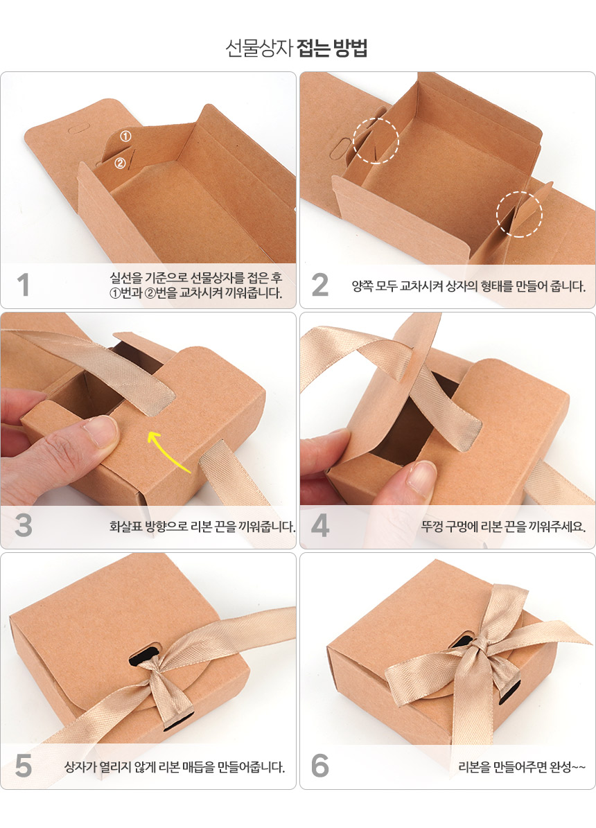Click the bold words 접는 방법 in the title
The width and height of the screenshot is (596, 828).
coord(332,48)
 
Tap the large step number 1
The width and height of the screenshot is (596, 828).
coord(23,285)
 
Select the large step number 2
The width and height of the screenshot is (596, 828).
coord(320,285)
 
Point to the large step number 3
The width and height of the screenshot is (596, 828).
coord(24,525)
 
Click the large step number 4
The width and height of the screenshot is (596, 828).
coord(320,525)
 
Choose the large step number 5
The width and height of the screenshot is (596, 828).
coord(24,766)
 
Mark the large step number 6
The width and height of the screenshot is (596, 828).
coord(320,766)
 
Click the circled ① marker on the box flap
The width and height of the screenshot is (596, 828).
coord(125,136)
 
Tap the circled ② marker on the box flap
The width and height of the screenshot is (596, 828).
coord(120,163)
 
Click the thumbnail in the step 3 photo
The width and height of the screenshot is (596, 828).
coord(99,431)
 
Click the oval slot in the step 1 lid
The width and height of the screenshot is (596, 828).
coord(78,129)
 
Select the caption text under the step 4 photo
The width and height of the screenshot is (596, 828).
coord(503,527)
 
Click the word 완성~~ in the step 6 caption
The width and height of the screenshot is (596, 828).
coord(568,767)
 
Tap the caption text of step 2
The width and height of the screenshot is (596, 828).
coord(468,286)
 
